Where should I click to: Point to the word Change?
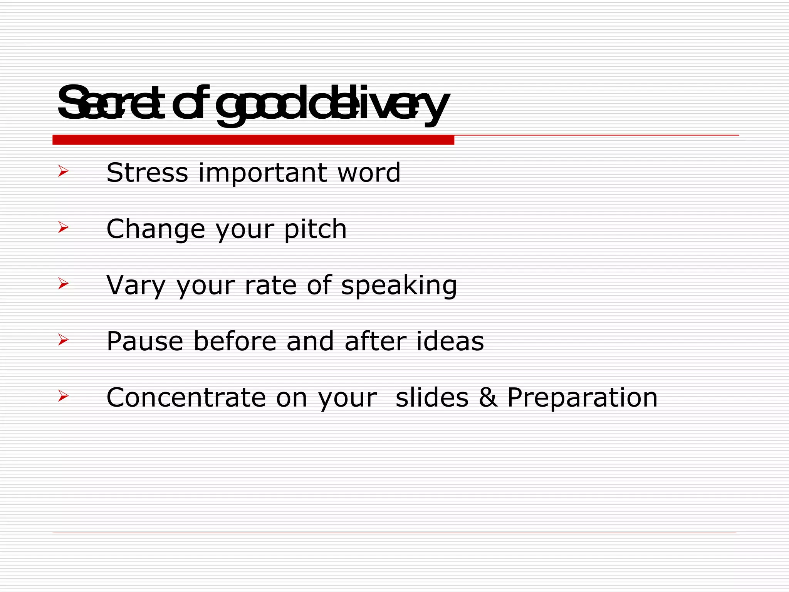pyautogui.click(x=156, y=229)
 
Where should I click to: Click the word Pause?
pyautogui.click(x=145, y=341)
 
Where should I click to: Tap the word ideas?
pyautogui.click(x=450, y=341)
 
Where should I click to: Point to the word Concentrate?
pyautogui.click(x=186, y=398)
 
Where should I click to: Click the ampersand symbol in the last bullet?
pyautogui.click(x=488, y=398)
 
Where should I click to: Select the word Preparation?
pyautogui.click(x=582, y=398)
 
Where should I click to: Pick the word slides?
pyautogui.click(x=432, y=398)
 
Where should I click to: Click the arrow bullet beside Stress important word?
pyautogui.click(x=63, y=171)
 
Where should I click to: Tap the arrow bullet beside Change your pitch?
pyautogui.click(x=63, y=227)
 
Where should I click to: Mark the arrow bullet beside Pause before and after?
pyautogui.click(x=63, y=340)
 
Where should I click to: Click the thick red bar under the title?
pyautogui.click(x=253, y=140)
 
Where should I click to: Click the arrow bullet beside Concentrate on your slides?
pyautogui.click(x=63, y=396)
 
